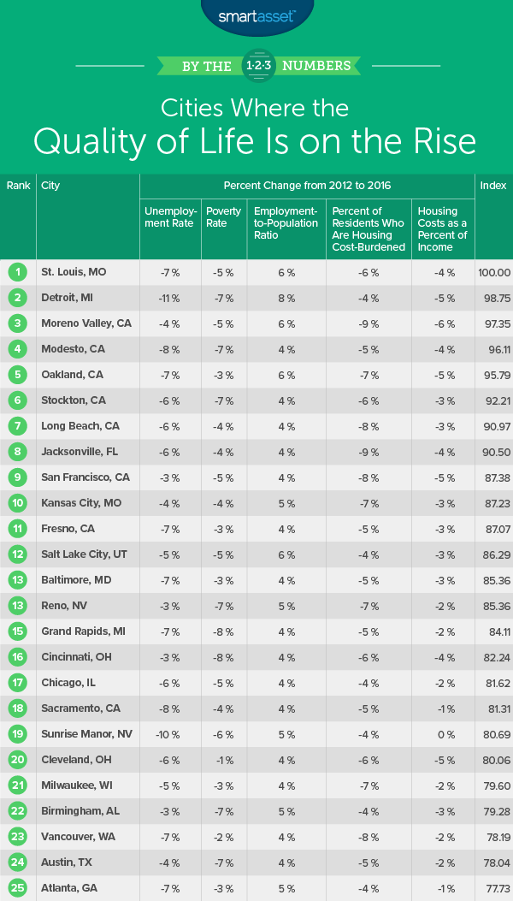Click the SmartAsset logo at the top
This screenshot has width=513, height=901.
(256, 15)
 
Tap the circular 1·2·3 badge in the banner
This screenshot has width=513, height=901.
(256, 65)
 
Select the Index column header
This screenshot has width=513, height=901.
(493, 186)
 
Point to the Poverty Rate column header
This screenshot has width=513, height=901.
(224, 216)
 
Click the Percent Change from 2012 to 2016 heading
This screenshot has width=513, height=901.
(306, 186)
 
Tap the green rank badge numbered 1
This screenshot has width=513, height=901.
(17, 272)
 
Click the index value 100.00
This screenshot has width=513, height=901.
(494, 272)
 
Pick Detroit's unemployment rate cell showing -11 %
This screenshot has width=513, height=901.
(170, 297)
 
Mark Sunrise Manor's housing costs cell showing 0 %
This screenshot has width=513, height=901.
(442, 734)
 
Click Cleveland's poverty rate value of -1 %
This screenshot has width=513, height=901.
(224, 759)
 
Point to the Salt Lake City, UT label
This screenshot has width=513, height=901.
(85, 554)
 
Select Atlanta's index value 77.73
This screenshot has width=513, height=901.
(494, 888)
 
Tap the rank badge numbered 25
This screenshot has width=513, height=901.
(17, 888)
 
